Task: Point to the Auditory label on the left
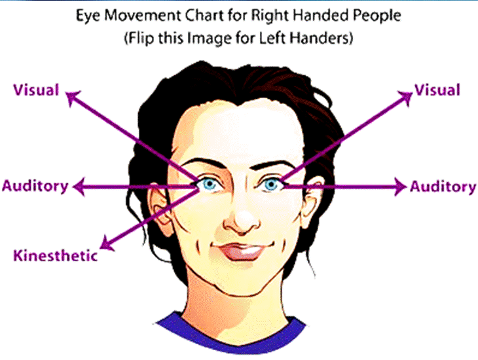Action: click(x=35, y=186)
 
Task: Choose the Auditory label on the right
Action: click(x=443, y=187)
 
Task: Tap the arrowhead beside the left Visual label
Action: click(x=73, y=97)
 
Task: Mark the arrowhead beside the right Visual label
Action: click(x=406, y=96)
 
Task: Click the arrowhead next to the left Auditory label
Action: click(x=79, y=187)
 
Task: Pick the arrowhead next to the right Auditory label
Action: click(x=400, y=187)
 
